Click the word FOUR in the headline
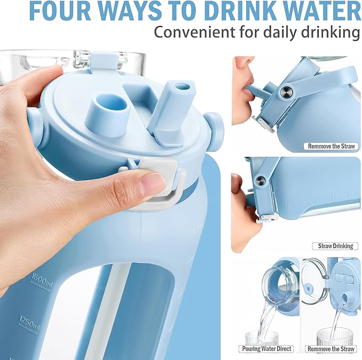pos(60,11)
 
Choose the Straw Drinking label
pos(335,246)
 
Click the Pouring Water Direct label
pos(266,349)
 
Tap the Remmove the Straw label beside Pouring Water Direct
pos(331,349)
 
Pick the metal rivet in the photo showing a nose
pos(286,92)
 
